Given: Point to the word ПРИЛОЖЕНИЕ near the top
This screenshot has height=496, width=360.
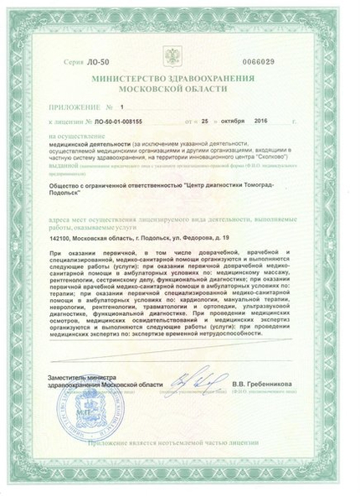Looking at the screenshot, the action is [76, 107].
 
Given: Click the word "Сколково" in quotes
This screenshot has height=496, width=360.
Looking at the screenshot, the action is [275, 157].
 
